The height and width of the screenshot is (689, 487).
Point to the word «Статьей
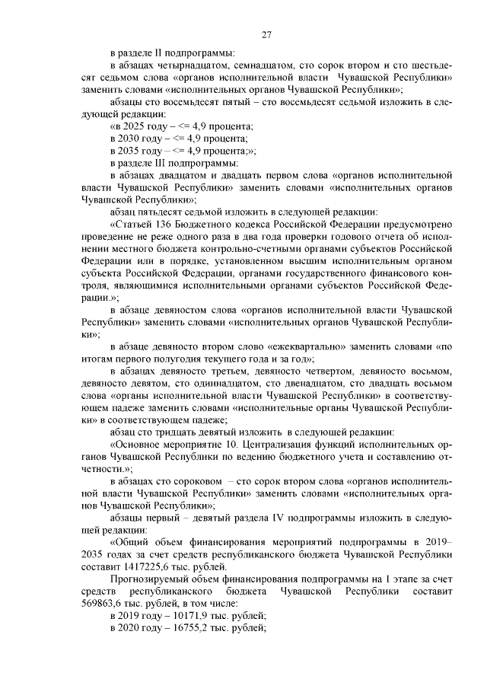coord(134,225)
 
